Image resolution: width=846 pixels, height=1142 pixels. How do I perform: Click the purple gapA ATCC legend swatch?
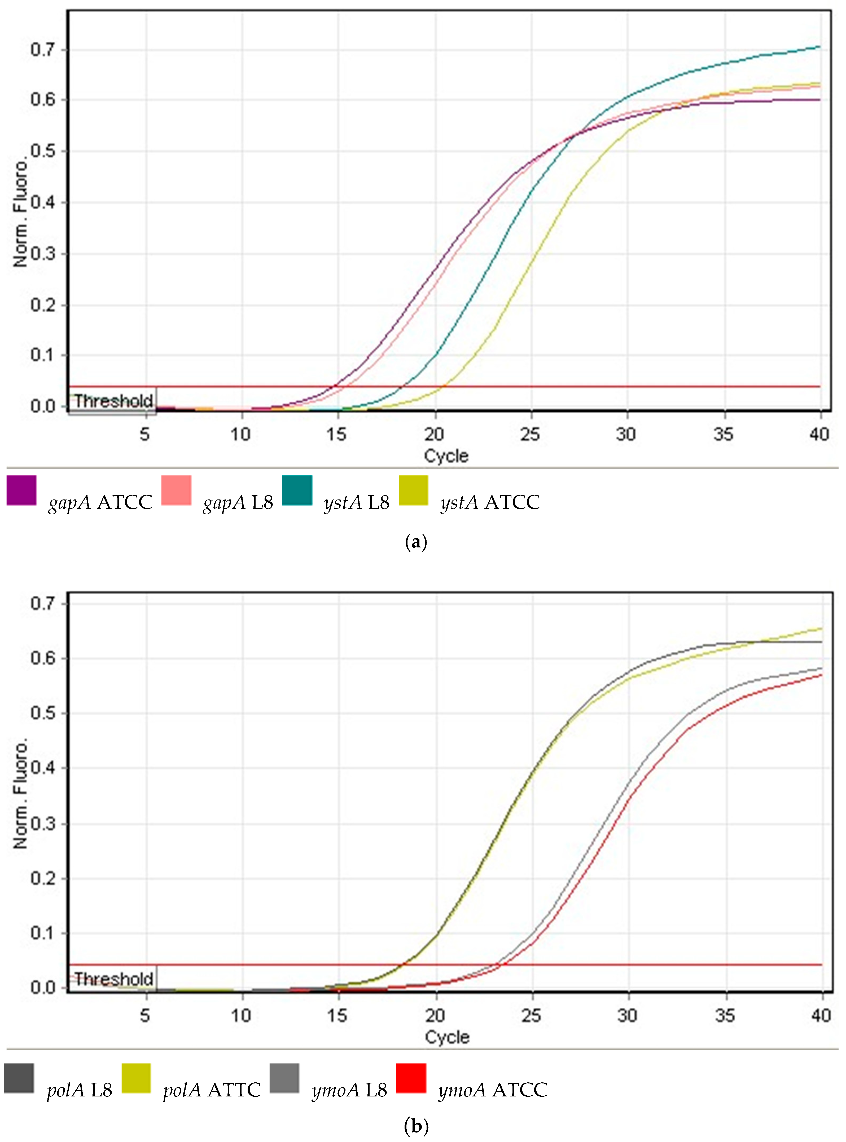21,490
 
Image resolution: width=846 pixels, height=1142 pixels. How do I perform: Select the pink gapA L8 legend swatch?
176,490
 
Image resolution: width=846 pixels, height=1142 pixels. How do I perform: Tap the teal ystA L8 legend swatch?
297,490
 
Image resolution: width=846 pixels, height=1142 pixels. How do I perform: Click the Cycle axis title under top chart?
446,455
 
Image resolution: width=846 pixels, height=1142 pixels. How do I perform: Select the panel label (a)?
416,542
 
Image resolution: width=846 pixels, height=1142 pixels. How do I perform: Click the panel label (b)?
416,1126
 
